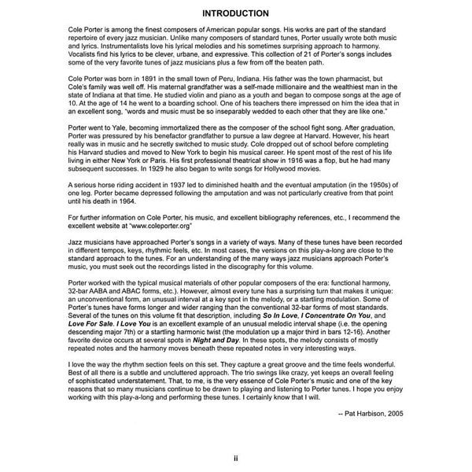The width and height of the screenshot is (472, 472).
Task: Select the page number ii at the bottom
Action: point(236,457)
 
